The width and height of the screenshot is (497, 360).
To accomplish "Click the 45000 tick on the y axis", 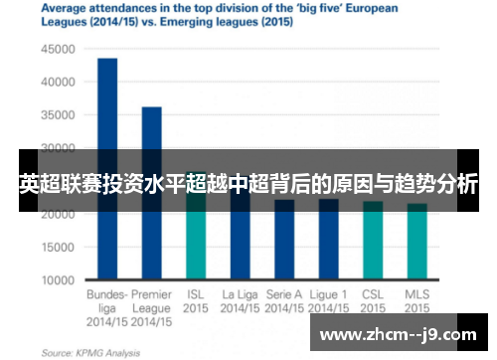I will pyautogui.click(x=58, y=48).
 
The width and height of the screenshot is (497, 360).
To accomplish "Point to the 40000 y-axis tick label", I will pyautogui.click(x=58, y=82).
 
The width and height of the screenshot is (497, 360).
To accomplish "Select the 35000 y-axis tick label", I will pyautogui.click(x=58, y=114).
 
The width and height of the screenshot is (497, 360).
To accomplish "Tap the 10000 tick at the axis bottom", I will pyautogui.click(x=58, y=280).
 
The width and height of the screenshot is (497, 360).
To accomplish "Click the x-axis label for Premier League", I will pyautogui.click(x=151, y=308).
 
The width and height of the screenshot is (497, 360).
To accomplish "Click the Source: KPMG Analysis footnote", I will pyautogui.click(x=88, y=352).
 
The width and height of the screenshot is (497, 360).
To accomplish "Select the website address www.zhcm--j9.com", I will pyautogui.click(x=398, y=334).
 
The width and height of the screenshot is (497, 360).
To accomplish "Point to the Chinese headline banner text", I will pyautogui.click(x=248, y=184).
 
